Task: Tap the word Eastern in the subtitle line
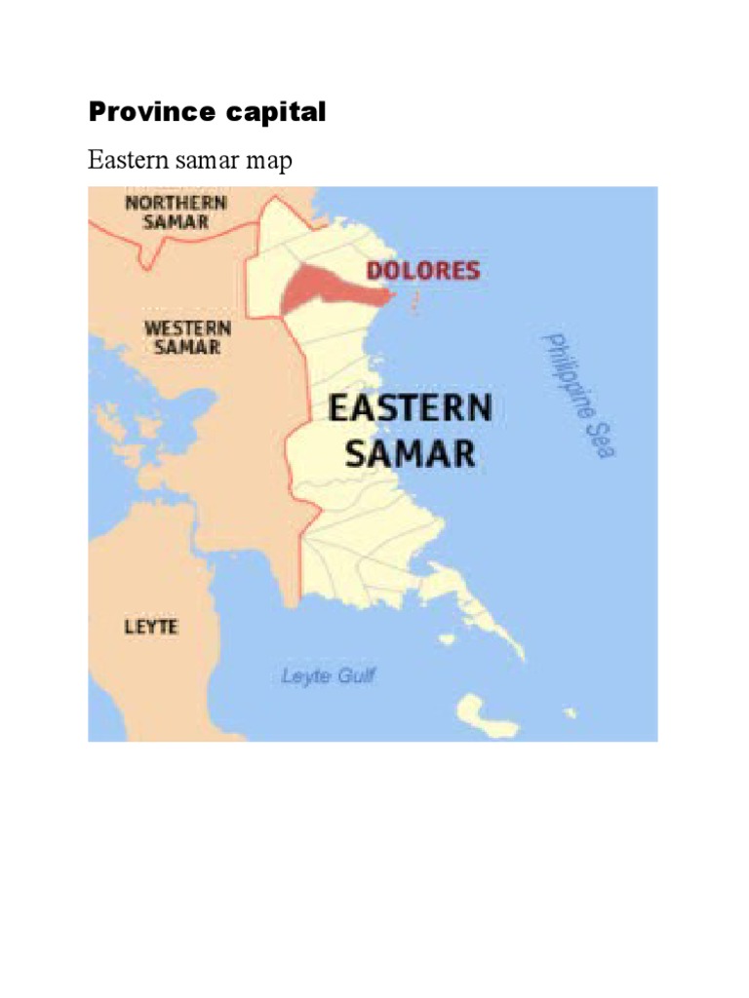(x=124, y=160)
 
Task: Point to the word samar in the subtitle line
(x=201, y=161)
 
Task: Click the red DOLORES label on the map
(x=423, y=271)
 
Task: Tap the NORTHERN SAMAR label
(x=177, y=211)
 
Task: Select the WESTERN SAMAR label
(x=188, y=336)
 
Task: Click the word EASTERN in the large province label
(x=410, y=408)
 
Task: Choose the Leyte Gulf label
(x=328, y=675)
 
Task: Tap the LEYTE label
(x=151, y=627)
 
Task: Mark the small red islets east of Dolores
(x=414, y=301)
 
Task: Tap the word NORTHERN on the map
(x=177, y=203)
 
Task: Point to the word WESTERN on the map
(x=188, y=327)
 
